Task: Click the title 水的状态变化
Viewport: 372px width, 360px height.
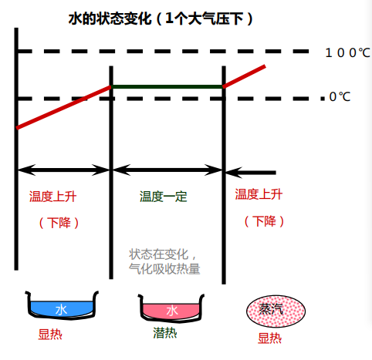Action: [110, 19]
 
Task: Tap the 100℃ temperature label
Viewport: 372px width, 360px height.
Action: [347, 52]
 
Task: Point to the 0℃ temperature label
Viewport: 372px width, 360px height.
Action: [340, 97]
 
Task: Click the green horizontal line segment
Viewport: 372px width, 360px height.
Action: [167, 87]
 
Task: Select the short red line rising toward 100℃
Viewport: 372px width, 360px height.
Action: [245, 76]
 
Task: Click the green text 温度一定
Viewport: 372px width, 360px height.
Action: [164, 197]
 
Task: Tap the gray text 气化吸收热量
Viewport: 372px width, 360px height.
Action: [164, 269]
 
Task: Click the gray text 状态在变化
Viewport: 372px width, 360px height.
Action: [159, 254]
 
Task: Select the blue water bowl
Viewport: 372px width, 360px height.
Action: [62, 306]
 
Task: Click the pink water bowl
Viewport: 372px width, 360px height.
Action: [171, 308]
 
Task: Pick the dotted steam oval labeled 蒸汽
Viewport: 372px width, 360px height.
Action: [276, 311]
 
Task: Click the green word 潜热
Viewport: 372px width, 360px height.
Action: [165, 333]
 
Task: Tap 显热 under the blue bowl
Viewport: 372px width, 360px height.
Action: [50, 335]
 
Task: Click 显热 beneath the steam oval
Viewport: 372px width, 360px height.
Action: [269, 338]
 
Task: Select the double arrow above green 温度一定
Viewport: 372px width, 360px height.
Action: [167, 170]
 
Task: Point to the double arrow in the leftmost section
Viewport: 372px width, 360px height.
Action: [63, 170]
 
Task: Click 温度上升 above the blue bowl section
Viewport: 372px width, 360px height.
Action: [52, 197]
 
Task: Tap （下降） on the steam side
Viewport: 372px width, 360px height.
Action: [264, 221]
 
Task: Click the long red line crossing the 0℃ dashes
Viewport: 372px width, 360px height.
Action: [63, 107]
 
